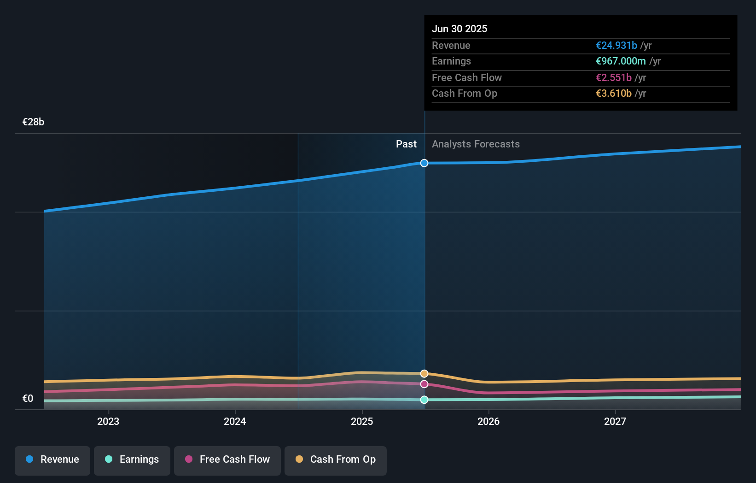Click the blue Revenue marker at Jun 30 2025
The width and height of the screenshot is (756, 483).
tap(424, 163)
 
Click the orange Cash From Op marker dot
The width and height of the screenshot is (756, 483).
tap(424, 373)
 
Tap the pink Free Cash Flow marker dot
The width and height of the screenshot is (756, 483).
tap(424, 384)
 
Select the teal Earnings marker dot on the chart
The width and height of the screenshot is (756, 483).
tap(424, 400)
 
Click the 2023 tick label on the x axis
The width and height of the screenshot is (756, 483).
tap(108, 421)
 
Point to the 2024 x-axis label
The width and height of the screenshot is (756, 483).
tap(235, 421)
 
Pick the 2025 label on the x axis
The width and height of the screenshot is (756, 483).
tap(362, 421)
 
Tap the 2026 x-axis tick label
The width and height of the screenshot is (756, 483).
tap(488, 421)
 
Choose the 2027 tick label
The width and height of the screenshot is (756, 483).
tap(615, 421)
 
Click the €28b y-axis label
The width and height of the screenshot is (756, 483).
tap(33, 122)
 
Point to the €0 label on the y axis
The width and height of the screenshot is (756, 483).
tap(28, 399)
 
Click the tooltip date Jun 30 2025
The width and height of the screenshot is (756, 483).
tap(459, 29)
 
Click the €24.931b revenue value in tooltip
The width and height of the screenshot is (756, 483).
tap(616, 45)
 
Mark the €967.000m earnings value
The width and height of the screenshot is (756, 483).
tap(621, 61)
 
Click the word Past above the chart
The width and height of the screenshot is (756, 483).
tap(406, 144)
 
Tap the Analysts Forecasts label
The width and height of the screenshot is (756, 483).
tap(476, 144)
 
